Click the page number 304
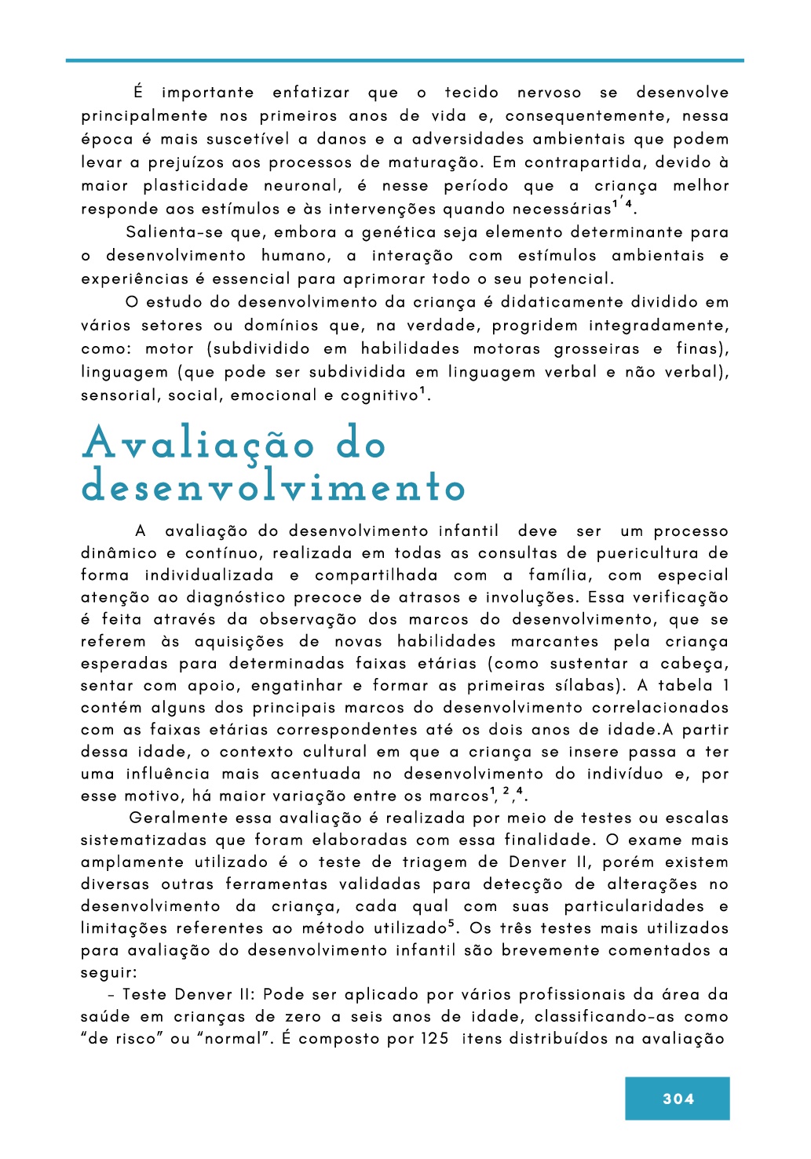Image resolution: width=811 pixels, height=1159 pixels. click(x=678, y=1099)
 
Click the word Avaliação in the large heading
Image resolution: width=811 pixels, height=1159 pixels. click(x=198, y=444)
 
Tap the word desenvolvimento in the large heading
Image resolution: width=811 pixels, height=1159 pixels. click(x=273, y=487)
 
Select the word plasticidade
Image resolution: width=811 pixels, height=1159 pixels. click(x=195, y=186)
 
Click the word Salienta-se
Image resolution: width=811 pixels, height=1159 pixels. click(x=175, y=232)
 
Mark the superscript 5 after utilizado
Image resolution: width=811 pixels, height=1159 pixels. click(x=451, y=924)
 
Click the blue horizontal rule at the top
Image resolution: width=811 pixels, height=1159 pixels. click(x=405, y=60)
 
